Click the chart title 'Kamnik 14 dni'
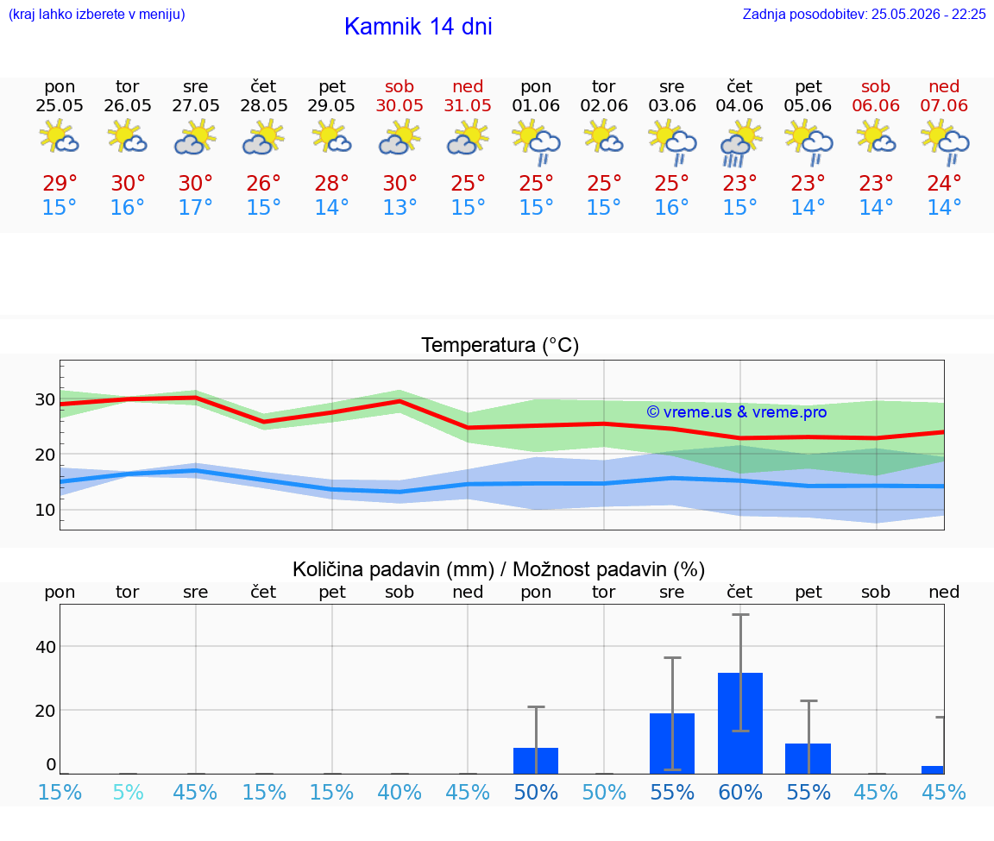coord(418,27)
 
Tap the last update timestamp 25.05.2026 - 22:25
coord(928,14)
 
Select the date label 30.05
coord(399,105)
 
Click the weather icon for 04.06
coord(739,143)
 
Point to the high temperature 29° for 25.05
coord(60,183)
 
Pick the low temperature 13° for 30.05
coord(399,207)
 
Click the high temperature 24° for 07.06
coord(944,183)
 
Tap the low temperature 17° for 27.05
coord(195,207)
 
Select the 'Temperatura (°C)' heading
coord(500,345)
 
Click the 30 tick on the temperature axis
coord(45,399)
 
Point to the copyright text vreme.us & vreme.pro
coord(737,412)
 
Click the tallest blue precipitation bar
coord(740,723)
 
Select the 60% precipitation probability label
coord(740,792)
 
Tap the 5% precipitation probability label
coord(128,792)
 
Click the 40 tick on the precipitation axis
coord(46,647)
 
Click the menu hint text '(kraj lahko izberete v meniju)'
coord(97,14)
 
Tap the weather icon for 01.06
coord(537,143)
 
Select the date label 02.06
coord(603,105)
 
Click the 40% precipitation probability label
coord(399,792)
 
